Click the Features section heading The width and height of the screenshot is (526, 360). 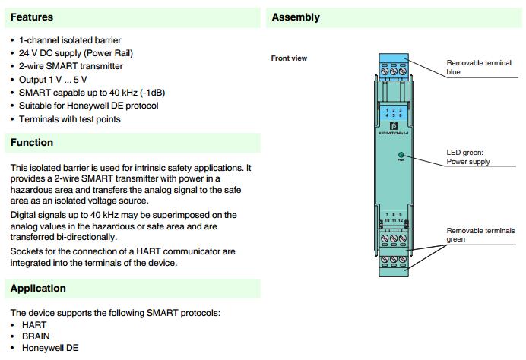point(32,17)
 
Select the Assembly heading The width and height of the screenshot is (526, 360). point(296,17)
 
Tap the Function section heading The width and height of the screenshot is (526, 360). point(32,142)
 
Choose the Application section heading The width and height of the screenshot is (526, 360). point(38,288)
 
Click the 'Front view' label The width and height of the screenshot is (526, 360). point(289,58)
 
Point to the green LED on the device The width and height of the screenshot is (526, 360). point(400,154)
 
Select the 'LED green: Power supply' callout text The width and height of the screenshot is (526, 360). point(467,157)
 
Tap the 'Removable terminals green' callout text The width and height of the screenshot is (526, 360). point(478,235)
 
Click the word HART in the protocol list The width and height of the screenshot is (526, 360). point(34,324)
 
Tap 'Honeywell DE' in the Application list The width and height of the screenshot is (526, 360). point(49,348)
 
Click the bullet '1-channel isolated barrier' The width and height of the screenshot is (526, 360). point(70,40)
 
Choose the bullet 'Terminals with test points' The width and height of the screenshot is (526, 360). point(69,118)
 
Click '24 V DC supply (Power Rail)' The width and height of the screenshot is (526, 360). point(75,53)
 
